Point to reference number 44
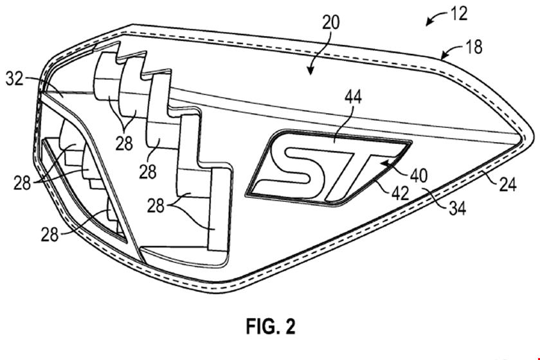coord(352,98)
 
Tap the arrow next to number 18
coord(450,53)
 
